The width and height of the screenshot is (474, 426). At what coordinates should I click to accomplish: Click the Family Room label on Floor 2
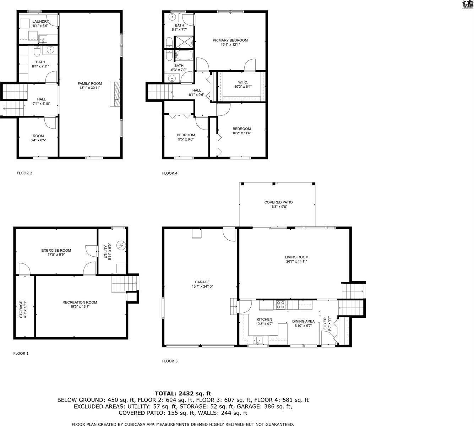point(89,83)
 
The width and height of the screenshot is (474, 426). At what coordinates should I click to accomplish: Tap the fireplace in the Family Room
point(115,94)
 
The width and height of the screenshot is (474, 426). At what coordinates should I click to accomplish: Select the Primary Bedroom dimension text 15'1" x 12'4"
point(230,45)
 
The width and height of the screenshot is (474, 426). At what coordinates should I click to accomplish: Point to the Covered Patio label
point(278,202)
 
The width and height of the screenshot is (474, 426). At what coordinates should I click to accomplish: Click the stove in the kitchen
point(280,304)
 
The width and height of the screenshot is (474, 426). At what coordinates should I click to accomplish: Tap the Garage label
point(202,282)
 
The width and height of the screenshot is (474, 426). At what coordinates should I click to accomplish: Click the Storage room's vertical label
point(21,309)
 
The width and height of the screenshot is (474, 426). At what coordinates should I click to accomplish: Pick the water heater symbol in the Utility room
point(121,245)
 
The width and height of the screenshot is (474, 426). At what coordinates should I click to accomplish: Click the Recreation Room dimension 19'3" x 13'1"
point(80,306)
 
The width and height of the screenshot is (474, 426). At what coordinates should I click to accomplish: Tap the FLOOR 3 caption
point(170,361)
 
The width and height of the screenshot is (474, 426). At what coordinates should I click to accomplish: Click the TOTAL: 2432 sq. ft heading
point(183,393)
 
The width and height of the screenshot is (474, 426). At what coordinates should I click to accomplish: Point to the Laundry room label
point(40,22)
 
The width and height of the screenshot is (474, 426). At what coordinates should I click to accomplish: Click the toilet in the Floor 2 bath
point(36,53)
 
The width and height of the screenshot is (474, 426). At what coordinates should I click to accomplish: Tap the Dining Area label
point(303,321)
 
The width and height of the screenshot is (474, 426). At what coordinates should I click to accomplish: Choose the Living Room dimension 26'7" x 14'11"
point(296,261)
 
